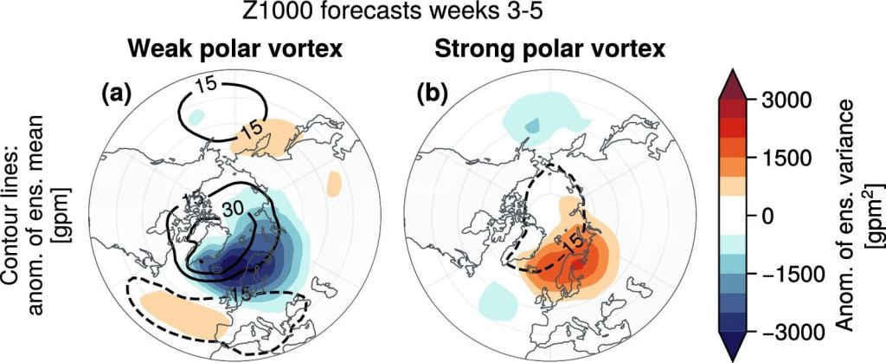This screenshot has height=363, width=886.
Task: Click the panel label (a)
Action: click(116, 94)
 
